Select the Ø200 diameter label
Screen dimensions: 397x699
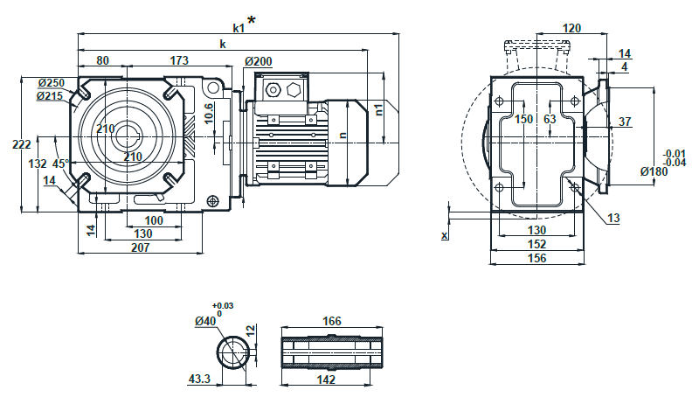point(259,61)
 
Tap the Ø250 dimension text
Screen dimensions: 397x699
point(52,83)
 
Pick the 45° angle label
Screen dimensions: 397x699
point(60,164)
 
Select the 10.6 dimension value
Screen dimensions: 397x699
point(209,114)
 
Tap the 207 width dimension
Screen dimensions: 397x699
point(141,247)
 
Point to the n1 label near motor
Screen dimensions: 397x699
point(378,109)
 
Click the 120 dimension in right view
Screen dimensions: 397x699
point(571,29)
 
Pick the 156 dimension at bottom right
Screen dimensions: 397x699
point(536,258)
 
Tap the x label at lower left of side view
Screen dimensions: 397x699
point(444,235)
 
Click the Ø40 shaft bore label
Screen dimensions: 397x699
point(206,321)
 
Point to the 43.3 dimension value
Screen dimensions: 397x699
point(200,379)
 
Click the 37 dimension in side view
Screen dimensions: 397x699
point(624,122)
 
